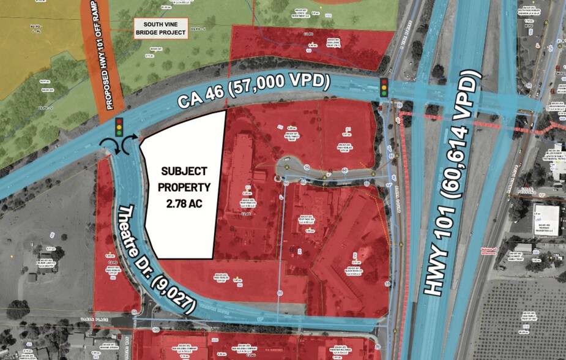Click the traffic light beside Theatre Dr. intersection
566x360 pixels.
pyautogui.click(x=119, y=127)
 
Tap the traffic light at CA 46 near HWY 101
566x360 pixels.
pyautogui.click(x=384, y=88)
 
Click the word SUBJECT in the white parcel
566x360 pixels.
pyautogui.click(x=184, y=171)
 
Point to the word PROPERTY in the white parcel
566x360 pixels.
pyautogui.click(x=184, y=187)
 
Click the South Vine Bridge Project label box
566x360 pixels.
pyautogui.click(x=160, y=28)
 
